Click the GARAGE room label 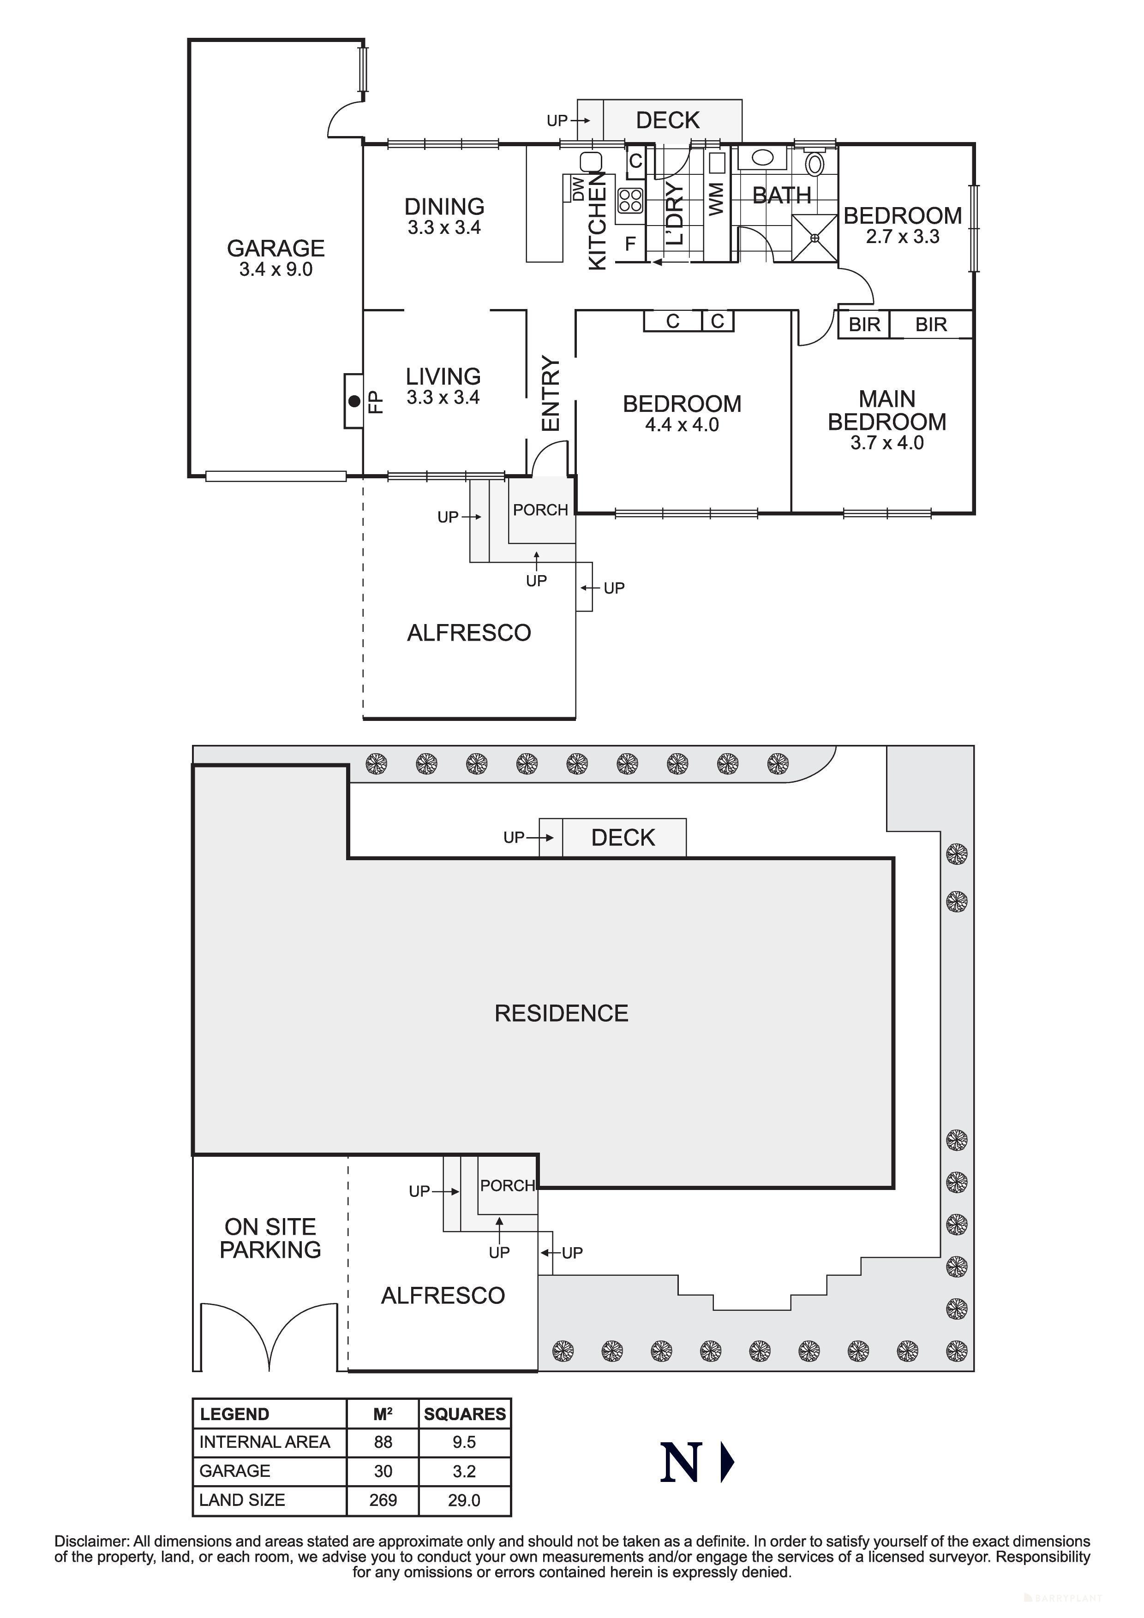pyautogui.click(x=276, y=248)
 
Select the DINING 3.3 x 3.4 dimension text pyautogui.click(x=444, y=228)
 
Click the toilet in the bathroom pyautogui.click(x=815, y=163)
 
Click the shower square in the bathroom pyautogui.click(x=815, y=238)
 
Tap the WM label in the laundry pyautogui.click(x=716, y=199)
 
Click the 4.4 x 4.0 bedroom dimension pyautogui.click(x=682, y=425)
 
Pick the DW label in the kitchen pyautogui.click(x=578, y=189)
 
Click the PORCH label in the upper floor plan pyautogui.click(x=540, y=510)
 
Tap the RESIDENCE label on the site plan pyautogui.click(x=561, y=1013)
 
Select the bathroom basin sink pyautogui.click(x=762, y=157)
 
